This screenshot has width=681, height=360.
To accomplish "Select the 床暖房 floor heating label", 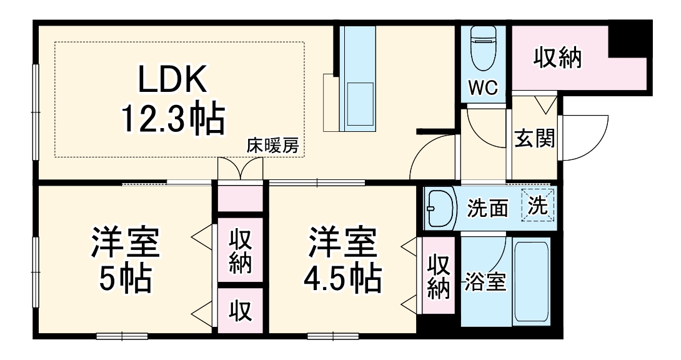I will (x=273, y=147).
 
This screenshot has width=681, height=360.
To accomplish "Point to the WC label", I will (x=484, y=88).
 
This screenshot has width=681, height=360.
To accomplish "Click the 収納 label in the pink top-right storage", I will (x=557, y=58).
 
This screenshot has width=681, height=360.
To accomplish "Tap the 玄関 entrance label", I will (x=534, y=139).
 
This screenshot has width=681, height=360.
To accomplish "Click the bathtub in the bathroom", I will (x=530, y=281).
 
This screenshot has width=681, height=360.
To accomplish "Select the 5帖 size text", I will (x=126, y=281).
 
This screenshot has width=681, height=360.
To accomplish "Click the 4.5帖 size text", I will (x=342, y=281).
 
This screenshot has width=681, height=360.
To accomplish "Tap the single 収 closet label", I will (x=239, y=311).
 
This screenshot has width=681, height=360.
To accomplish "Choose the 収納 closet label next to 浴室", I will (x=439, y=277).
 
